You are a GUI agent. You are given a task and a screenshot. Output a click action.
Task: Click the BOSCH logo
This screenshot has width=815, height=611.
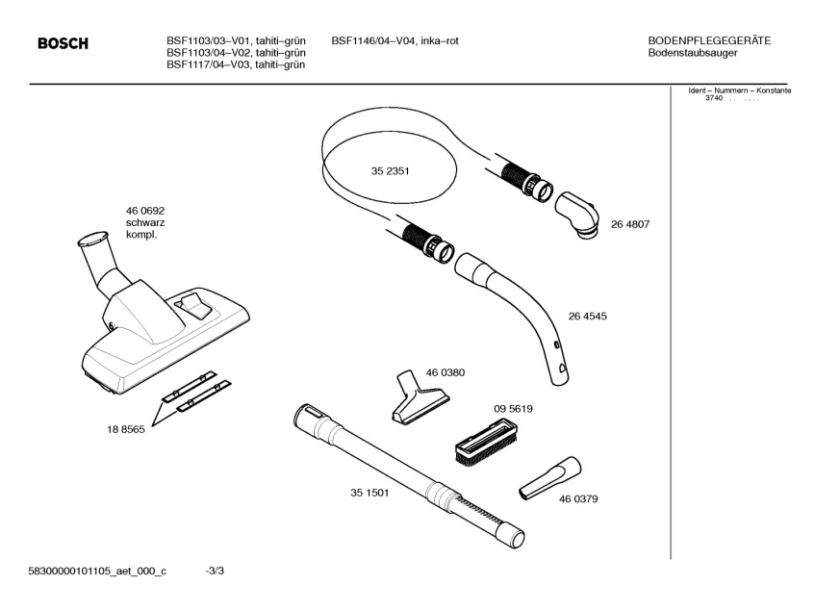[63, 43]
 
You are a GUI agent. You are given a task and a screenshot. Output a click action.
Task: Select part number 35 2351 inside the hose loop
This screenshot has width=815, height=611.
[390, 171]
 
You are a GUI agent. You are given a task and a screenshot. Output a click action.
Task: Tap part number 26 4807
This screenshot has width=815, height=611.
[630, 224]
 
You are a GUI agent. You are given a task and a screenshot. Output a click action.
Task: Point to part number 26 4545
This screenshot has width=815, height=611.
[587, 316]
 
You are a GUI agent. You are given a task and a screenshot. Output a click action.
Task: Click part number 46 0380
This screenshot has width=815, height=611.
[446, 372]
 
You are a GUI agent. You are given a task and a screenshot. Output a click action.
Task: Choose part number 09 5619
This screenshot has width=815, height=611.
[513, 409]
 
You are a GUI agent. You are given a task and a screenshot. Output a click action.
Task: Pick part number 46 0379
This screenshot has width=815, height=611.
[578, 498]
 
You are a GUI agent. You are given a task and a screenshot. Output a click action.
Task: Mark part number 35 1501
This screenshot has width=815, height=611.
[369, 493]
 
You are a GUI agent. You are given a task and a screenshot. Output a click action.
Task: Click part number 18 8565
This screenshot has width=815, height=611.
[126, 430]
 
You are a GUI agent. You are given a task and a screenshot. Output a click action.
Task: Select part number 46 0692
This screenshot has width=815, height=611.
[145, 211]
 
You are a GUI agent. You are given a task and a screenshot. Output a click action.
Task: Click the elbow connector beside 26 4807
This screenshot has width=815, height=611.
[577, 216]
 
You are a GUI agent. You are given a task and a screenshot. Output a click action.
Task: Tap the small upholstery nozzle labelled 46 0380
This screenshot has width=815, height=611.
[420, 397]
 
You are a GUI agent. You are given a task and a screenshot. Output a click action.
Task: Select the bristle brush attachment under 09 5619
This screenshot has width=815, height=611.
[487, 443]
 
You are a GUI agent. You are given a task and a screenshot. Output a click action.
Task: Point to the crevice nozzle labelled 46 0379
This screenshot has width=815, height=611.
[550, 479]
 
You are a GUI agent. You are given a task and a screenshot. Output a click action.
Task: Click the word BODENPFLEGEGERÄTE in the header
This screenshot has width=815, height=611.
[709, 40]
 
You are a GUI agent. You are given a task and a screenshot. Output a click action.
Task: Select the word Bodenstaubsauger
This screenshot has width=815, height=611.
[693, 53]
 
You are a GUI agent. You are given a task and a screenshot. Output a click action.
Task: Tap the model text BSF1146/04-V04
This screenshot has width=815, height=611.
[373, 40]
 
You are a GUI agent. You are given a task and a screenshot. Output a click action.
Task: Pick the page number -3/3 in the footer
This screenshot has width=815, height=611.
[215, 571]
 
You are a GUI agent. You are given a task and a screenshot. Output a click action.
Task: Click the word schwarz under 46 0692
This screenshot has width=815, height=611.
[145, 223]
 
